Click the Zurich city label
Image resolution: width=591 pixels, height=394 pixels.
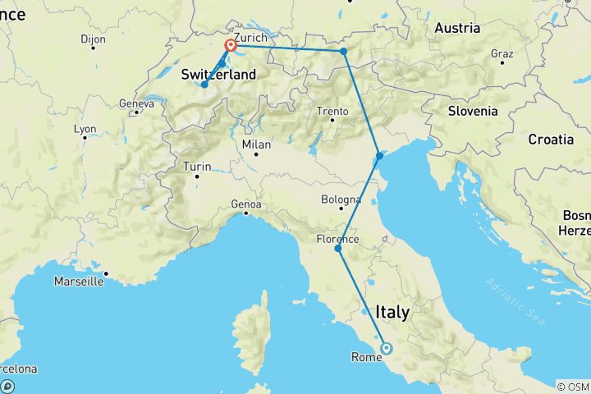click(250, 38)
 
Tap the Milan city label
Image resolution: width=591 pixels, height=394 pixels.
click(256, 144)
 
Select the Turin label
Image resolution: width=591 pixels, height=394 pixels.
click(197, 167)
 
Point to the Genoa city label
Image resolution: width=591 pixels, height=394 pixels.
click(246, 204)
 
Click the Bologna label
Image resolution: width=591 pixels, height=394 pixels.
click(341, 199)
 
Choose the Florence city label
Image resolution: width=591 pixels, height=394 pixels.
click(337, 240)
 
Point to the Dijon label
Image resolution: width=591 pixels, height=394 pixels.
click(94, 39)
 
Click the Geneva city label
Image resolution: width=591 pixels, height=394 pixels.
click(136, 103)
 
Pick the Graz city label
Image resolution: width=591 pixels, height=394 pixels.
click(501, 54)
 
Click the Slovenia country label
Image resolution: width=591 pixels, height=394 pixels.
click(472, 111)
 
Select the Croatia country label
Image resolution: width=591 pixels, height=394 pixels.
click(551, 139)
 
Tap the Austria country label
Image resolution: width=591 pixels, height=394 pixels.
click(456, 28)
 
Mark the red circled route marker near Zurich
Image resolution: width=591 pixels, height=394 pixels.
click(231, 47)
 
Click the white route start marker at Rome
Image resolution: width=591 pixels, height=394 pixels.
click(386, 348)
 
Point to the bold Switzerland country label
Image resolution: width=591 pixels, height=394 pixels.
click(218, 75)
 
